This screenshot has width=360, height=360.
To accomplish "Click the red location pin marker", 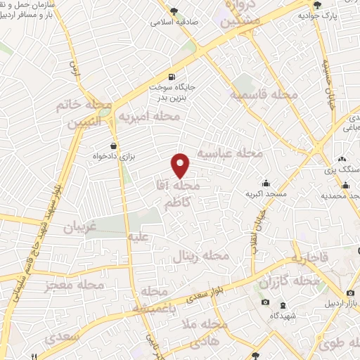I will coord(181,165).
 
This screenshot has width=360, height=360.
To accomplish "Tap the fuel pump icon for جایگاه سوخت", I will coord(171,77).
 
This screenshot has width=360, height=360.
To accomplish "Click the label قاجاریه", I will coord(304,258).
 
